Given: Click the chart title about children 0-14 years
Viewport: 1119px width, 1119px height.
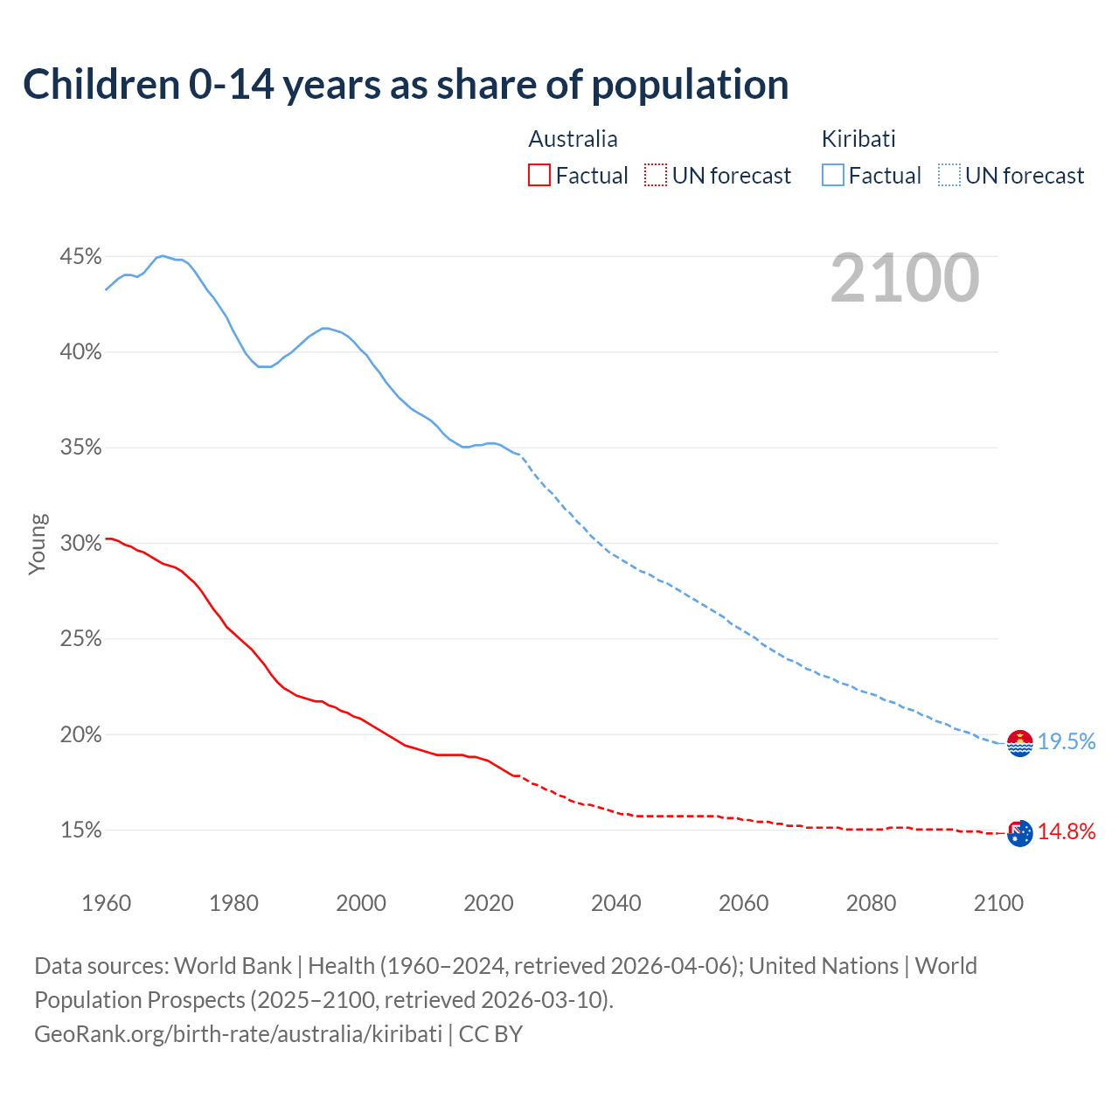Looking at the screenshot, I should click(406, 85).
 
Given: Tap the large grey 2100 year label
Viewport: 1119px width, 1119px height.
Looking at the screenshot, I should click(904, 278).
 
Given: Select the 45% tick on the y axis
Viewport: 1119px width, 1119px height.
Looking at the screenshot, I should click(80, 257).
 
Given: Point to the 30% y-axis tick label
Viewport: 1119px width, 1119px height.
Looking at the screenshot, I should click(80, 544).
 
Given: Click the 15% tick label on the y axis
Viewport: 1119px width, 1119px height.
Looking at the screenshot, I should click(80, 831).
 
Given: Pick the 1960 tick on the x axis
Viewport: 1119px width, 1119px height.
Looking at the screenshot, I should click(106, 903).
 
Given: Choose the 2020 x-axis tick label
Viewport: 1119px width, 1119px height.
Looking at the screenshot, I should click(489, 903).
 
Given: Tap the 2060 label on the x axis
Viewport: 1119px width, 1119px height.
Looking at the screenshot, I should click(743, 903).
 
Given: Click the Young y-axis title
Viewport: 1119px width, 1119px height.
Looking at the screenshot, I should click(37, 544).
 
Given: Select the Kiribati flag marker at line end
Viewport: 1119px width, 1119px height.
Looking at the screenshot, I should click(1019, 743).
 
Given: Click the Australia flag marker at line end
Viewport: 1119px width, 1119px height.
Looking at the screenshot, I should click(1019, 833).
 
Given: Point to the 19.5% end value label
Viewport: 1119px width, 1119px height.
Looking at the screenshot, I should click(1067, 742).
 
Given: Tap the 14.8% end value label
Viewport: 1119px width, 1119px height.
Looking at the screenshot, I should click(1067, 832).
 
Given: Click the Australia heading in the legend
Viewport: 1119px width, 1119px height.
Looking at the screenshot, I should click(573, 139).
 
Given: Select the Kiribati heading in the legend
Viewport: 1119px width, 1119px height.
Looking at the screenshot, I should click(858, 139).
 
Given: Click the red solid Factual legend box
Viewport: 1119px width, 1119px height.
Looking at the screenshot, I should click(539, 176).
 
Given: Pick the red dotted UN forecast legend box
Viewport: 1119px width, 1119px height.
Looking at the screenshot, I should click(656, 176).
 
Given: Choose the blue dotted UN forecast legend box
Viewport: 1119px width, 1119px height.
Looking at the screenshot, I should click(949, 176).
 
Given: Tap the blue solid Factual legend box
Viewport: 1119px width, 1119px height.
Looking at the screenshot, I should click(833, 176).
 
